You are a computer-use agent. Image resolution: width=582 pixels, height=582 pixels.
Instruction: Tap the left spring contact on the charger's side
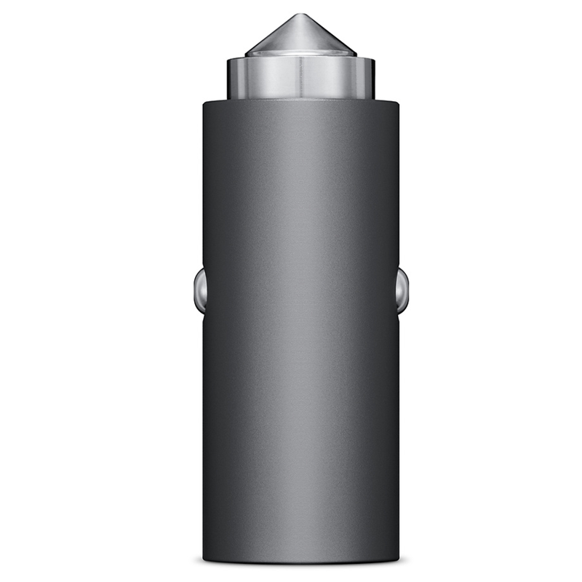point(199,289)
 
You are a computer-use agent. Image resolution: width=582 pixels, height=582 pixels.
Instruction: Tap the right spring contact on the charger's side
point(402,289)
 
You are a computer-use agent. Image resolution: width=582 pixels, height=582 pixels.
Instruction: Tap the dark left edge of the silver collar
point(229,79)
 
